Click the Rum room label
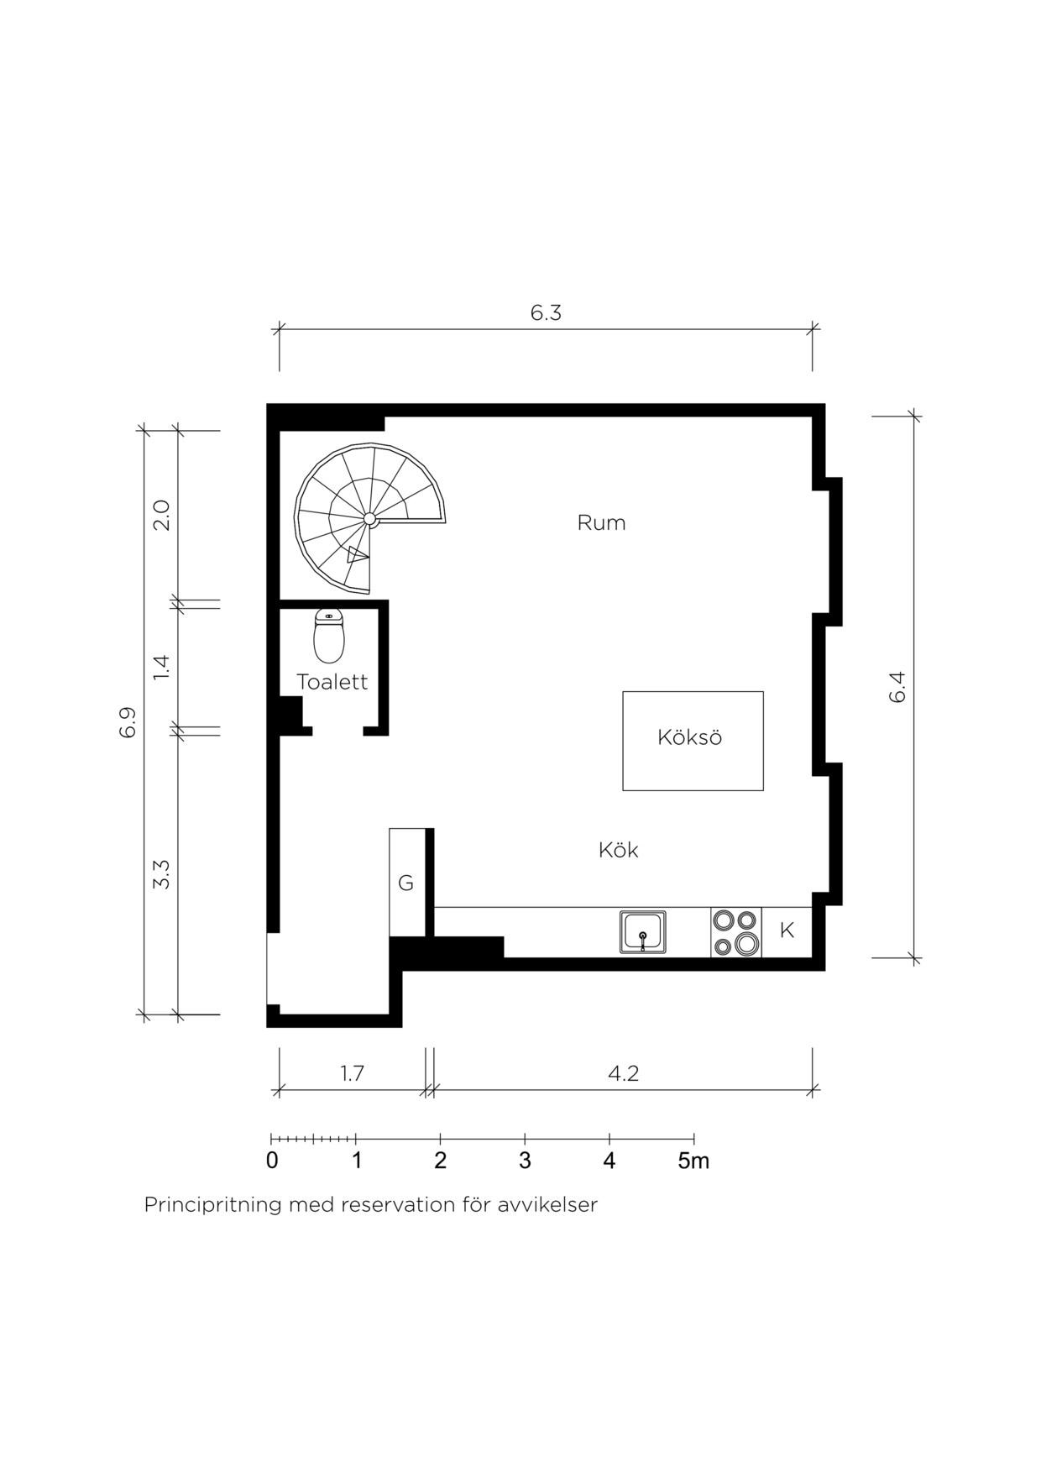(601, 522)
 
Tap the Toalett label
(332, 681)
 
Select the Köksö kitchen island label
(689, 737)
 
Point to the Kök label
(618, 850)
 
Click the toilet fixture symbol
(329, 636)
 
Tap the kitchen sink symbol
(643, 932)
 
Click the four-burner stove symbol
(736, 932)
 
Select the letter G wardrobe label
(405, 883)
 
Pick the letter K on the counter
(787, 930)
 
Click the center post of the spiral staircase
(369, 520)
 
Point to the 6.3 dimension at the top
(546, 312)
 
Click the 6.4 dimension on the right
(897, 687)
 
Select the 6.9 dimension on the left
(127, 722)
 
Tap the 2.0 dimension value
(161, 516)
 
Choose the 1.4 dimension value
(161, 667)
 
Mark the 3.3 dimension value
(161, 874)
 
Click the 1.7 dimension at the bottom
(352, 1073)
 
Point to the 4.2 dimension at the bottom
(623, 1073)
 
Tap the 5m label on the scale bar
(693, 1161)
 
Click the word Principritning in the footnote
(213, 1205)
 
